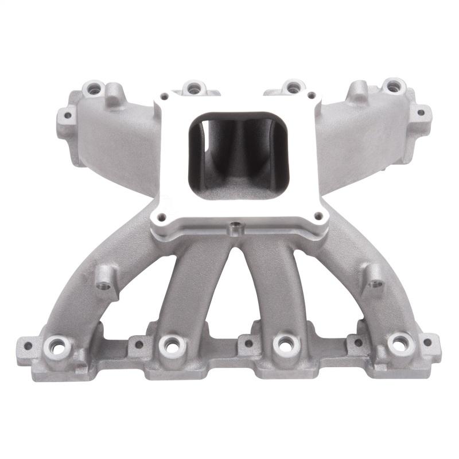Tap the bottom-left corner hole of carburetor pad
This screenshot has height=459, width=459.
pyautogui.click(x=160, y=217)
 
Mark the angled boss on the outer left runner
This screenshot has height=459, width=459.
pyautogui.click(x=104, y=282)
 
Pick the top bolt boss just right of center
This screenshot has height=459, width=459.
pyautogui.click(x=293, y=87)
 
